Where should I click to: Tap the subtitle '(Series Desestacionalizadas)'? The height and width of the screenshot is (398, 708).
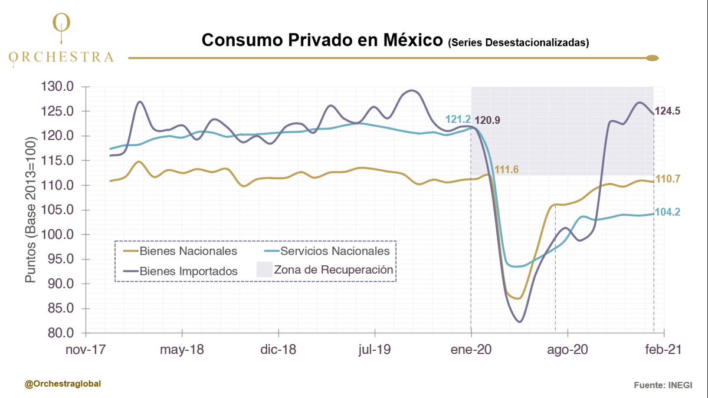click(x=518, y=42)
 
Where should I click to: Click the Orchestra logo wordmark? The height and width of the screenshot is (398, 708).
click(x=61, y=57)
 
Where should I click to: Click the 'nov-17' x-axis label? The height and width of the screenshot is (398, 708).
click(x=86, y=350)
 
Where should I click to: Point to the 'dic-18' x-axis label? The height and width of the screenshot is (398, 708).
click(x=278, y=350)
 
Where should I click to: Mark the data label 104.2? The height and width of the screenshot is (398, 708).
click(x=668, y=212)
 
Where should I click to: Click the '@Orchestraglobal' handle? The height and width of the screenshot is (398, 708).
click(x=63, y=384)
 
